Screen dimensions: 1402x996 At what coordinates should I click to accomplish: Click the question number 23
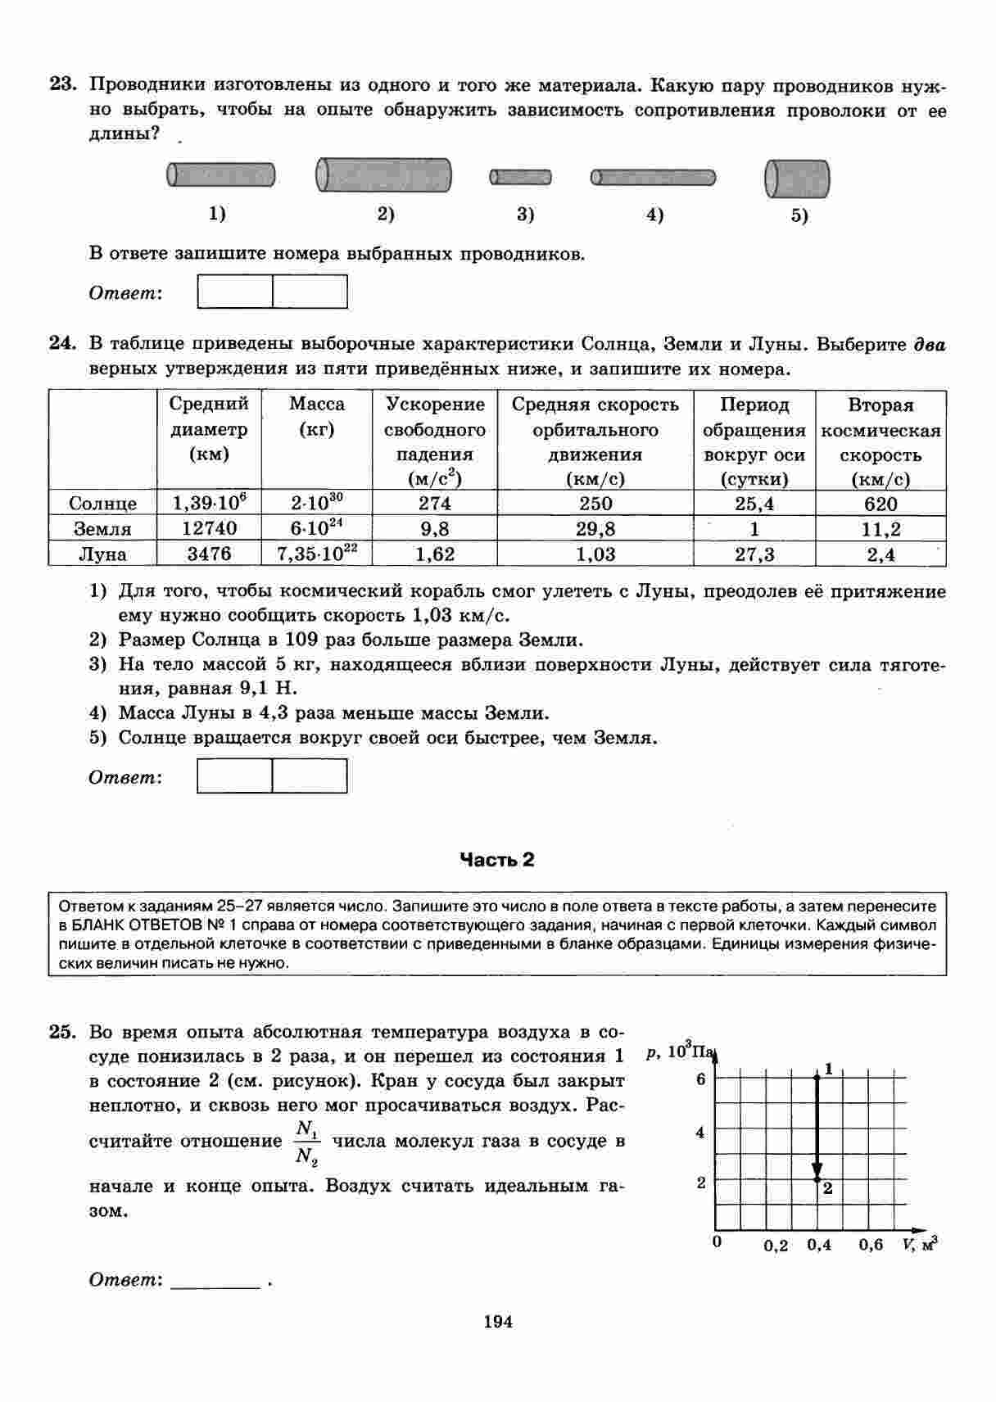(62, 84)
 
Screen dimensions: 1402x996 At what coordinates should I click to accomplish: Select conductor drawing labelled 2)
(384, 176)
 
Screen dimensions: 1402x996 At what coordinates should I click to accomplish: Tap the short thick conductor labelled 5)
(797, 179)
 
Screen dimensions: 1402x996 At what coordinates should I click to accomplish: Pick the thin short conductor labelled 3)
(521, 177)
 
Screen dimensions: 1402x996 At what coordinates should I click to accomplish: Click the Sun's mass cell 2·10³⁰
(316, 503)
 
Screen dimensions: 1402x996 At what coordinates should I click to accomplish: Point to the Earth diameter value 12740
(209, 528)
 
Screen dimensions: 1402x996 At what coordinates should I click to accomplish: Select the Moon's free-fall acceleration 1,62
(435, 554)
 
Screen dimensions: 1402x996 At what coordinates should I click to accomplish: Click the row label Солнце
(102, 504)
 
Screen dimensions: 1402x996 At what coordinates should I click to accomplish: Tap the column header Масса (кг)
(316, 417)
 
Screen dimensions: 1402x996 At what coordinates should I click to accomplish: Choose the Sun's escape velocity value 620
(881, 504)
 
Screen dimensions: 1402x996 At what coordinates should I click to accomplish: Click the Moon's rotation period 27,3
(754, 554)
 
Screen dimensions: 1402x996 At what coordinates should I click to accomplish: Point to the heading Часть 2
(496, 859)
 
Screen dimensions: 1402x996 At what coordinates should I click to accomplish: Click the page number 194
(497, 1321)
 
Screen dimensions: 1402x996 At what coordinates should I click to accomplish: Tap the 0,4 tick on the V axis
(819, 1245)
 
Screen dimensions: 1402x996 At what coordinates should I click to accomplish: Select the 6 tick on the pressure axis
(700, 1079)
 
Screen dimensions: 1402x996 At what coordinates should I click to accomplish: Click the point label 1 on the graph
(829, 1068)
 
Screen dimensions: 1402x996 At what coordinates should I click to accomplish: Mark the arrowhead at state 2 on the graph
(817, 1172)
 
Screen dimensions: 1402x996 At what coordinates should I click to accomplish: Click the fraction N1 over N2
(307, 1142)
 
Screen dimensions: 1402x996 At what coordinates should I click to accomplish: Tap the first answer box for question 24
(235, 776)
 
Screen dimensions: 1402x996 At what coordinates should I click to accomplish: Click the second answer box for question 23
(310, 292)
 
